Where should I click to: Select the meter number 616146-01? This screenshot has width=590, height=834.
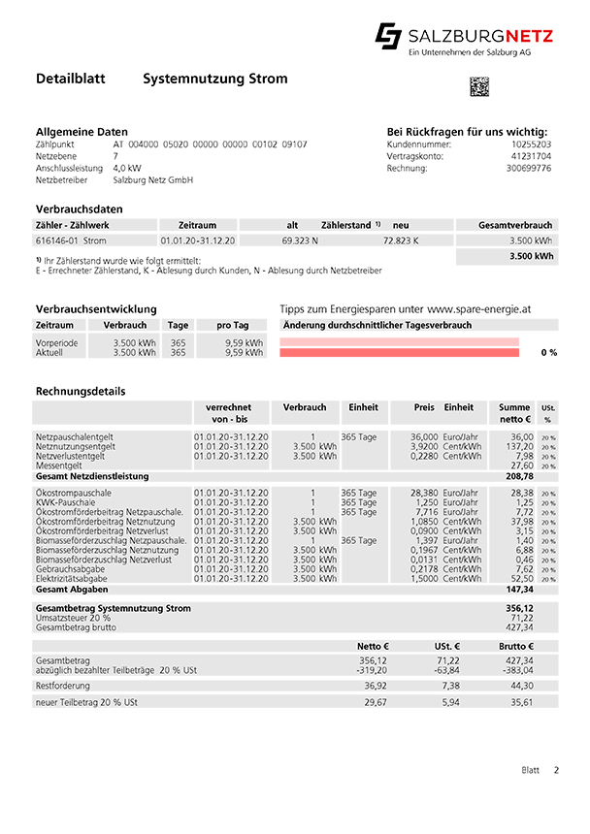[56, 240]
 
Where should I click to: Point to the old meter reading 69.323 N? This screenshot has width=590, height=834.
[300, 240]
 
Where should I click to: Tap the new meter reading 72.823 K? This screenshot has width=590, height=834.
[401, 240]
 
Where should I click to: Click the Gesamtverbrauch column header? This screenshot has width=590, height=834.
[515, 225]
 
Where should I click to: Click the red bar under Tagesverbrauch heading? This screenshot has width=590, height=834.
[403, 362]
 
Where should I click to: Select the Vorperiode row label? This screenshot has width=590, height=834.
[55, 343]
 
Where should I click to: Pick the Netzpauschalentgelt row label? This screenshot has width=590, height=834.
[75, 437]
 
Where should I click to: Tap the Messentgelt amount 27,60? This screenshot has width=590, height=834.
[521, 466]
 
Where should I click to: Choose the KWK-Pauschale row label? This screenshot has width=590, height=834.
[66, 502]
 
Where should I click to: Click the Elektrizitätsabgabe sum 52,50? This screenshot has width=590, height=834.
[521, 578]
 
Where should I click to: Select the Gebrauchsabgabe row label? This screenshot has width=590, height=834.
[70, 568]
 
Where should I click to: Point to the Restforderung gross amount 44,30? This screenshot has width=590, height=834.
[523, 685]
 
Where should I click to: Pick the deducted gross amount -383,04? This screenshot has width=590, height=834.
[519, 669]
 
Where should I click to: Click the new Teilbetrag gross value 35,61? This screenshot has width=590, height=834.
[523, 701]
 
